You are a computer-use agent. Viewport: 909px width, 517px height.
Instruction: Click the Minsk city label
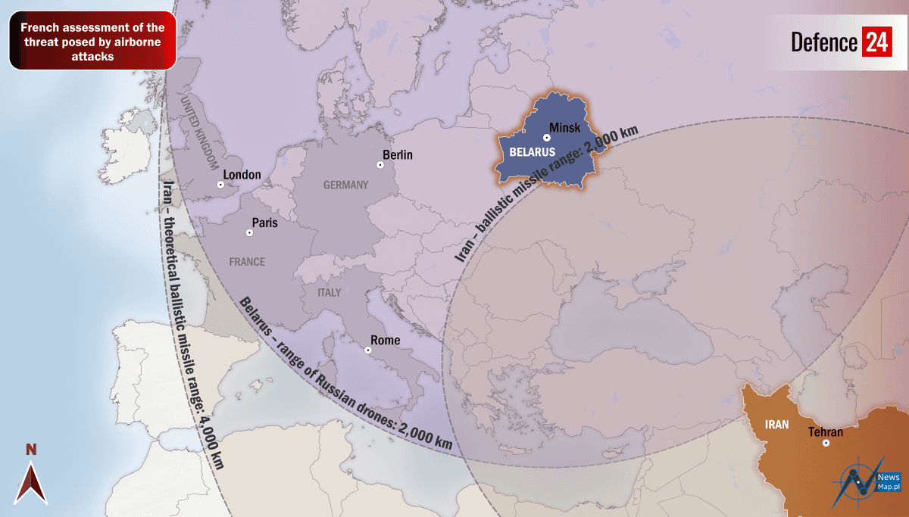pyautogui.click(x=565, y=128)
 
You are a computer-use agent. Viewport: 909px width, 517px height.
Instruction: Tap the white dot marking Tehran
pyautogui.click(x=826, y=443)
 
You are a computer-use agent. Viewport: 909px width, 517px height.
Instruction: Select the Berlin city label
pyautogui.click(x=398, y=155)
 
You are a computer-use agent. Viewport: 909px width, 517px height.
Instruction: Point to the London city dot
pyautogui.click(x=220, y=184)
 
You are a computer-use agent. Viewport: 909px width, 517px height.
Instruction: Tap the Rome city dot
pyautogui.click(x=368, y=350)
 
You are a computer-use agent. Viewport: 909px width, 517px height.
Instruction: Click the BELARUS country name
pyautogui.click(x=532, y=152)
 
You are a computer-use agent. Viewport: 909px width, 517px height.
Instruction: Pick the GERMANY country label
pyautogui.click(x=345, y=185)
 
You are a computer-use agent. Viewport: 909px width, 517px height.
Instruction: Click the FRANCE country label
pyautogui.click(x=247, y=262)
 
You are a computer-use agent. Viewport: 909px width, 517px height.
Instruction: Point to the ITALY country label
pyautogui.click(x=329, y=292)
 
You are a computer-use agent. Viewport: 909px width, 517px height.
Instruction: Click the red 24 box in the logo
pyautogui.click(x=876, y=42)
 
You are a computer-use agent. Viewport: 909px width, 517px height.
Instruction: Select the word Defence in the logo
pyautogui.click(x=824, y=42)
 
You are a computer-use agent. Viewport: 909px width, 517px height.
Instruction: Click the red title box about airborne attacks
pyautogui.click(x=92, y=42)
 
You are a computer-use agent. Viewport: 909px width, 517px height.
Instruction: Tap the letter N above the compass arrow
pyautogui.click(x=31, y=450)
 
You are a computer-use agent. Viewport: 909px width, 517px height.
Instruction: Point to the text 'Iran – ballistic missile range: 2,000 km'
pyautogui.click(x=546, y=194)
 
